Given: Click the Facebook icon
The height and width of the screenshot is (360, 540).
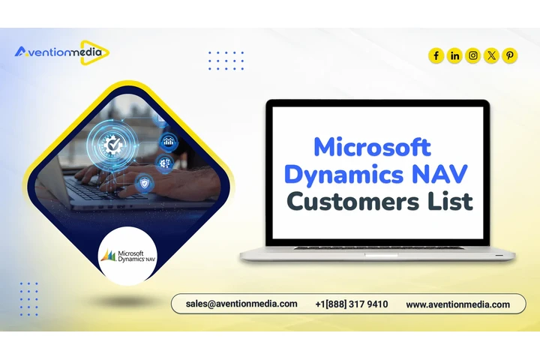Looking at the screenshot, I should tap(436, 55).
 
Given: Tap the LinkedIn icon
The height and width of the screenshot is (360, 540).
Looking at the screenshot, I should tap(454, 55).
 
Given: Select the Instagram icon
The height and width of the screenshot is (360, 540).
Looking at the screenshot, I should tap(473, 55).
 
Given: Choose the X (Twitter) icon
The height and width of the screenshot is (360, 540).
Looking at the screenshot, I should tap(491, 55).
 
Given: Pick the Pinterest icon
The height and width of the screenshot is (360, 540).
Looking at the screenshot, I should tap(510, 55).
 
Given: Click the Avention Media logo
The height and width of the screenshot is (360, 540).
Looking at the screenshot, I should tap(61, 52).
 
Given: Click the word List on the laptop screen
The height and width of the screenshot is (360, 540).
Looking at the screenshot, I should tap(447, 202).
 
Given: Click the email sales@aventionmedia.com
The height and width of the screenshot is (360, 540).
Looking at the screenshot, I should tap(241, 304).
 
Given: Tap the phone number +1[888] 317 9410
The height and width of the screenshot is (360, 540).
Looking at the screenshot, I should tap(352, 304).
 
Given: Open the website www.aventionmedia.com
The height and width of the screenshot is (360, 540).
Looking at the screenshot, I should tap(457, 304).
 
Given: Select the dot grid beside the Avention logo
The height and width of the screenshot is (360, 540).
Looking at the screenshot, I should tap(226, 60).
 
